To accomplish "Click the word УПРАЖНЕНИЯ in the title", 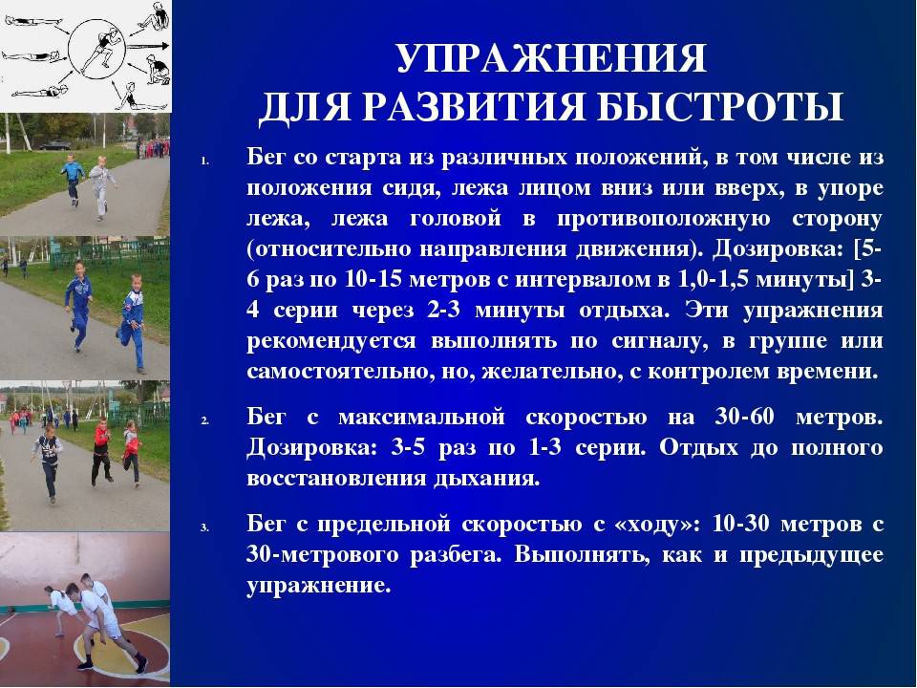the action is (x=551, y=58).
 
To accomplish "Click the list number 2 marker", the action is (x=204, y=420).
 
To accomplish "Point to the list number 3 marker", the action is (x=204, y=527).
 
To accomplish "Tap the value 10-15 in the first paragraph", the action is (x=373, y=279).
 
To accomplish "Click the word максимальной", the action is (x=421, y=418).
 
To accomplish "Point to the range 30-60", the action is (x=744, y=418).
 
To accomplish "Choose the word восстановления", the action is (x=336, y=478).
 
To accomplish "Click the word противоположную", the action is (x=664, y=219).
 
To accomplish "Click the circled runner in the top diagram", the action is (x=99, y=52).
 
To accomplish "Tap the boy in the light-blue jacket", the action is (x=74, y=180).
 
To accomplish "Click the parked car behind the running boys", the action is (x=55, y=145).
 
